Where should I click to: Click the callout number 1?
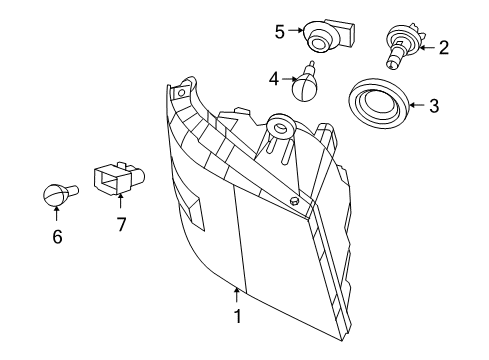(x=237, y=316)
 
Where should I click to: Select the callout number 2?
(x=443, y=48)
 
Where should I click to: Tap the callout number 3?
(x=434, y=106)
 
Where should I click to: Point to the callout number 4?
(x=274, y=79)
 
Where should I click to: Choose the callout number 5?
(x=280, y=32)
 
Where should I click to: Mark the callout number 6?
(x=57, y=237)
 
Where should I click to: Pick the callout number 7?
(x=121, y=225)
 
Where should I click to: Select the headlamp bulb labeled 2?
(x=404, y=45)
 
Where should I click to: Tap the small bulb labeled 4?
(x=305, y=83)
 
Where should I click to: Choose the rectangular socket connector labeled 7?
(x=118, y=179)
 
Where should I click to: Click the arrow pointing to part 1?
(x=237, y=295)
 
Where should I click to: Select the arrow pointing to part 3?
(x=417, y=105)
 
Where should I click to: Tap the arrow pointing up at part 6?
(x=56, y=213)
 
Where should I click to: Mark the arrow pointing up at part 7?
(x=120, y=201)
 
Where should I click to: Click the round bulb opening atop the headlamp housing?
(x=280, y=127)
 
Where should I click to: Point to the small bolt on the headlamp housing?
(x=295, y=201)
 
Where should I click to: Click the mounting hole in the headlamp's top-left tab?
(x=181, y=93)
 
